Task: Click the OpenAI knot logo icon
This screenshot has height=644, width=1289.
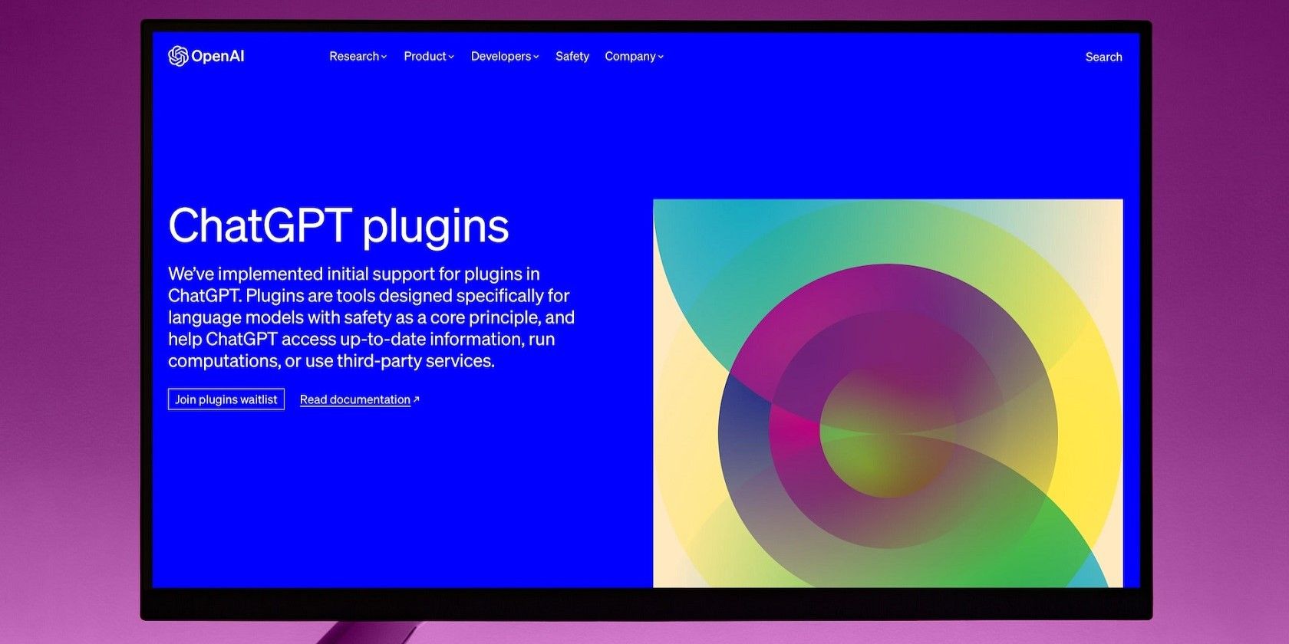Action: click(x=178, y=57)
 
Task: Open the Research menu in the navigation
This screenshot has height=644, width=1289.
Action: click(x=358, y=57)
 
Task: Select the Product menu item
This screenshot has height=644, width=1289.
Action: click(x=429, y=57)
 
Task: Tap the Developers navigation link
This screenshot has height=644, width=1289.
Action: click(x=505, y=57)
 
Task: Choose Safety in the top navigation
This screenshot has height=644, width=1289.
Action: click(x=572, y=57)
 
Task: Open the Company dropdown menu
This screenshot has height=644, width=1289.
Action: click(x=634, y=57)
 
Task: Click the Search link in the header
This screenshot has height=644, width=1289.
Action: click(x=1103, y=57)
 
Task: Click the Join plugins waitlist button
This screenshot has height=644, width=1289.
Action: click(x=226, y=399)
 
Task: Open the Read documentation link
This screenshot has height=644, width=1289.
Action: click(x=355, y=399)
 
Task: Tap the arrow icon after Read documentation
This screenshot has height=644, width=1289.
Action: click(x=416, y=399)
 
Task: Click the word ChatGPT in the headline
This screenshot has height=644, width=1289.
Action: click(x=259, y=225)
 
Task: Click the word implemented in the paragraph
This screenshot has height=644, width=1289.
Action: click(x=269, y=274)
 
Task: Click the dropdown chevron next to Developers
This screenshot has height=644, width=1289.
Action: click(x=536, y=57)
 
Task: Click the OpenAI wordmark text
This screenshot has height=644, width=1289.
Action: click(x=218, y=57)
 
